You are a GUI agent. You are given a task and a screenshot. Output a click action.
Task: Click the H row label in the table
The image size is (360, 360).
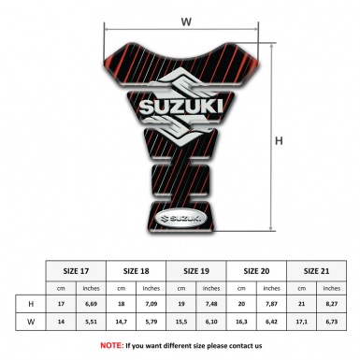[31, 305]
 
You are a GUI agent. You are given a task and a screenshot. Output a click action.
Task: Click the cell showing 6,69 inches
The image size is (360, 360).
[92, 305]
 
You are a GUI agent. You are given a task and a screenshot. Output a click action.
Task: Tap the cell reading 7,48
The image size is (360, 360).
[212, 305]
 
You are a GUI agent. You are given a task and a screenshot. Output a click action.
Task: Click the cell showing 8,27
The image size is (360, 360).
[332, 305]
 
